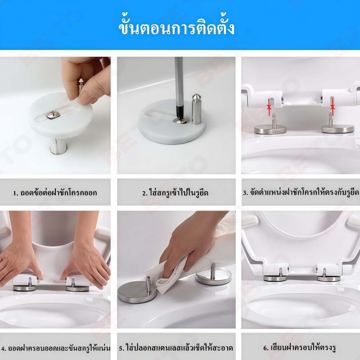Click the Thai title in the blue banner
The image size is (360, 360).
[x=176, y=28]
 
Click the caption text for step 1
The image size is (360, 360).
[x=55, y=193]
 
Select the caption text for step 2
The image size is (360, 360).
[x=175, y=193]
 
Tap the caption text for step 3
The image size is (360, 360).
[x=301, y=193]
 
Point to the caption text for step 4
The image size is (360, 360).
[x=55, y=348]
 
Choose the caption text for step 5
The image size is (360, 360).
[x=176, y=347]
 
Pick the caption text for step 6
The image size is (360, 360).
[x=300, y=347]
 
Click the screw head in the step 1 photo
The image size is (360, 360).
[x=53, y=115]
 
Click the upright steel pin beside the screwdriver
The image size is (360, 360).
[x=196, y=109]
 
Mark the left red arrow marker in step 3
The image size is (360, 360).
[x=269, y=107]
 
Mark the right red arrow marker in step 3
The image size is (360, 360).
[x=332, y=107]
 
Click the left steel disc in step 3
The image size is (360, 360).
[x=270, y=129]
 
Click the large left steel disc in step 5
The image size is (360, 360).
[x=137, y=292]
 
